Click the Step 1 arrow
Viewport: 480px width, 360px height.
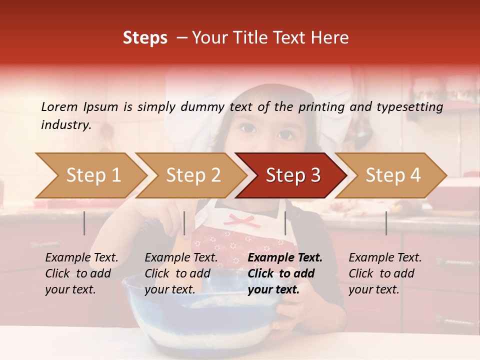click(93, 175)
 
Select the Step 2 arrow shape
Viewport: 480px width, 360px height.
click(193, 175)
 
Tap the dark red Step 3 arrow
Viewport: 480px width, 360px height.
click(293, 175)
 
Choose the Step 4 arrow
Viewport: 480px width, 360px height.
click(393, 175)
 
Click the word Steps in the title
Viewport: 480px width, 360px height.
click(145, 37)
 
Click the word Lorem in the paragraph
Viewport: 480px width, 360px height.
click(59, 106)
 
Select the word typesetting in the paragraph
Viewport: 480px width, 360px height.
click(414, 106)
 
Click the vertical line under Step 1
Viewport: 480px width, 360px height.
click(84, 223)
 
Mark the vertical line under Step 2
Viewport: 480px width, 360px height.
click(184, 223)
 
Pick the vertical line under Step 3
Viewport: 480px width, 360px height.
click(285, 223)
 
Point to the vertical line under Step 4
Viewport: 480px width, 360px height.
click(386, 223)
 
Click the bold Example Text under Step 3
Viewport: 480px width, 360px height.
click(285, 258)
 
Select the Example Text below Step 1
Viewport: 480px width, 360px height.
click(81, 258)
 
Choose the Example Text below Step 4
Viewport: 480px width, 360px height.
click(385, 258)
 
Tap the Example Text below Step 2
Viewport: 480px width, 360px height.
click(181, 258)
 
